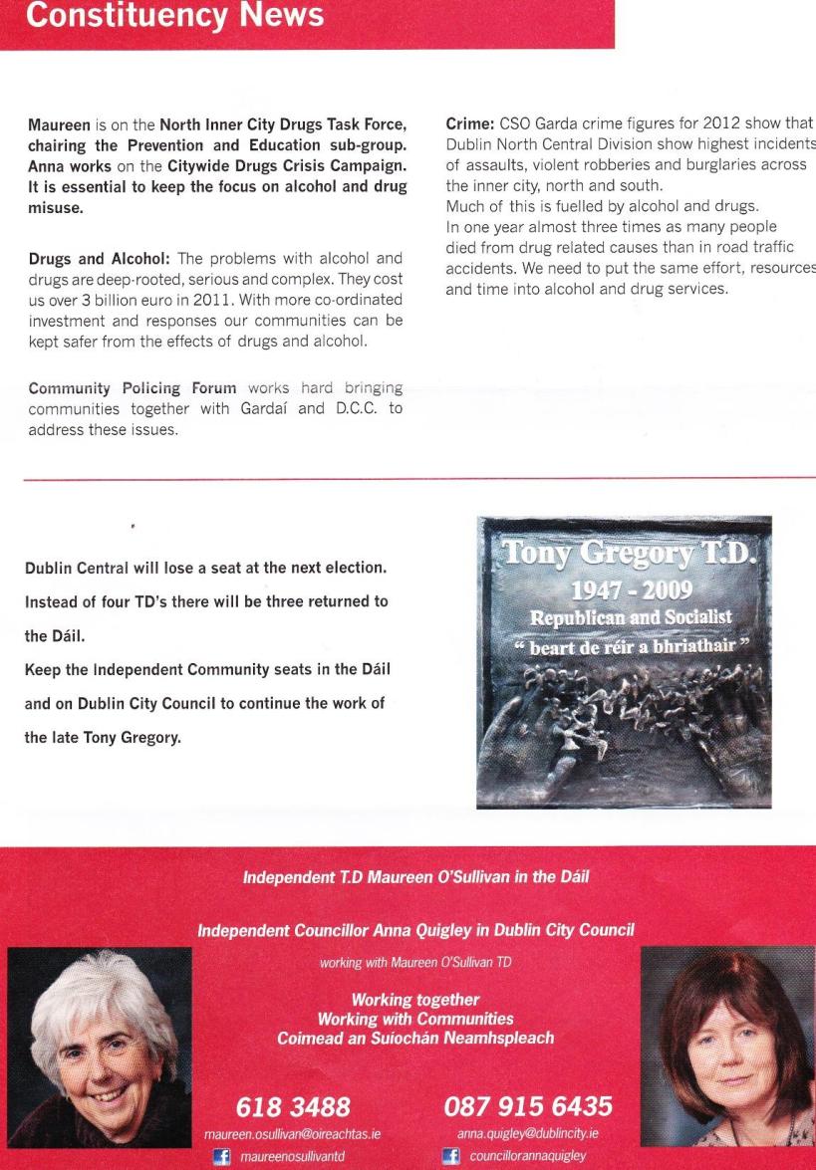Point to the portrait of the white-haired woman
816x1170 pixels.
(97, 1057)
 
